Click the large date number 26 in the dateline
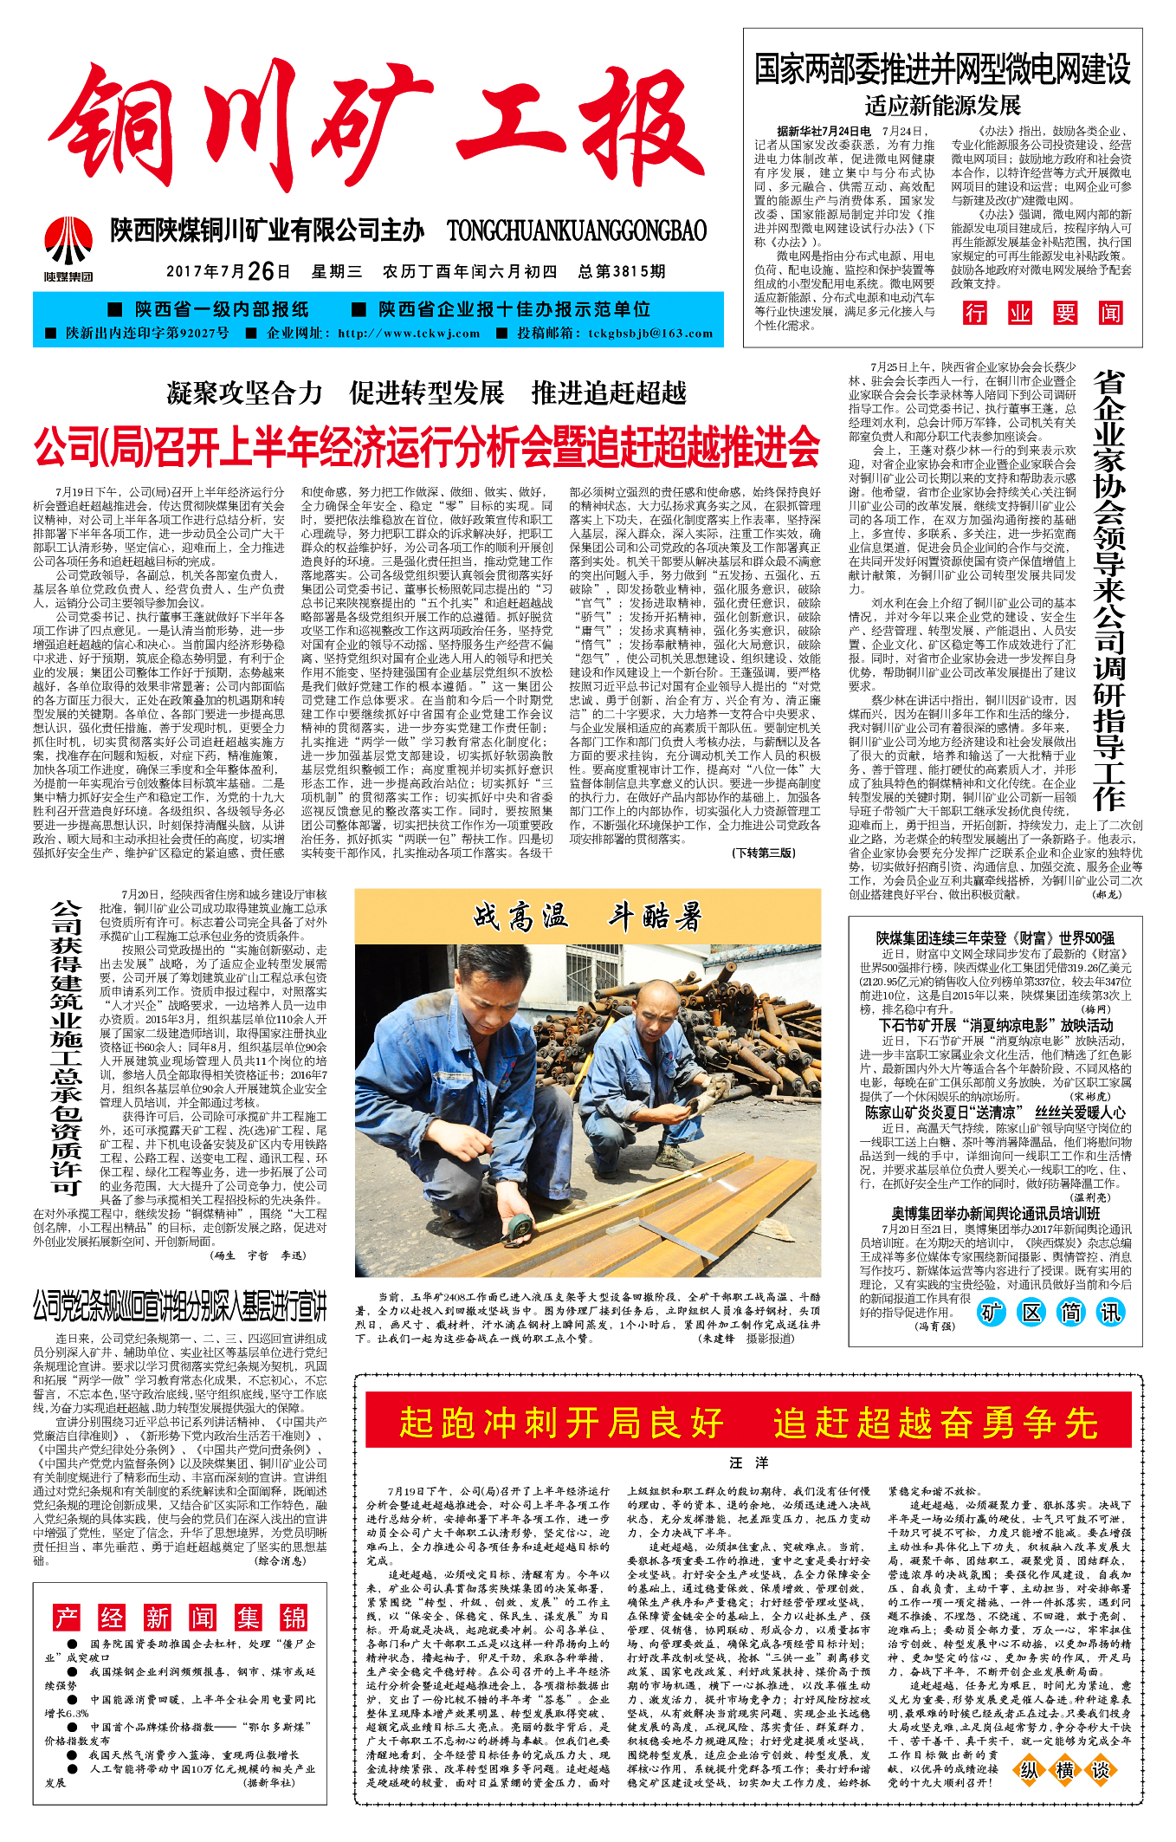click(x=261, y=271)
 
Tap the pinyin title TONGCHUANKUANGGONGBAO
click(x=577, y=230)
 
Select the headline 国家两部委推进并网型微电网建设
click(x=942, y=69)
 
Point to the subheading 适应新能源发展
click(x=942, y=107)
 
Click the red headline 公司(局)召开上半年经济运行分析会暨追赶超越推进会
click(x=427, y=447)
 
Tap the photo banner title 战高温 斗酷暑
click(x=587, y=917)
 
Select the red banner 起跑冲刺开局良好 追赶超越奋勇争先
click(x=748, y=1423)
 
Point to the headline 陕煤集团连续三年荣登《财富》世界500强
click(x=995, y=938)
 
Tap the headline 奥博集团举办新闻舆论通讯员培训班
click(x=996, y=1214)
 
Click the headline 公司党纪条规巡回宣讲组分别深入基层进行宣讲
click(x=180, y=1306)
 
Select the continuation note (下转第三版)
click(x=764, y=853)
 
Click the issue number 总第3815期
click(x=622, y=271)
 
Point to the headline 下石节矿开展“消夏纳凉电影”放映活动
click(x=996, y=1026)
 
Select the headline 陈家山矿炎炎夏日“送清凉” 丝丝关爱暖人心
click(x=996, y=1112)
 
